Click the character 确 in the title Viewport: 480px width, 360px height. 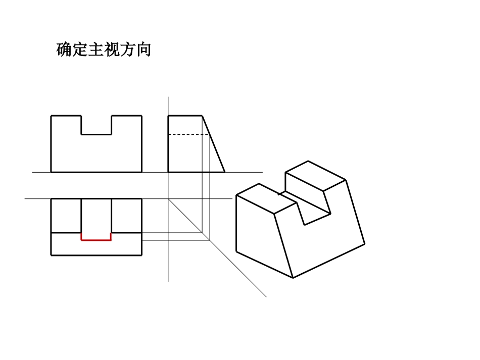pos(64,50)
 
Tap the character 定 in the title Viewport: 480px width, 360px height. pos(80,50)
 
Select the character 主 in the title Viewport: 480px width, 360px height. pos(96,50)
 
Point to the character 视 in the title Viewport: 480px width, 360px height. pos(112,50)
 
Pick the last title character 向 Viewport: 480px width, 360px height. pos(143,50)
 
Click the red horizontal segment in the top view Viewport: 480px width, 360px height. pos(96,240)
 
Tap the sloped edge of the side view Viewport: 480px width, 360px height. pos(214,144)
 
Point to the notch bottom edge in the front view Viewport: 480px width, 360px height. pos(97,134)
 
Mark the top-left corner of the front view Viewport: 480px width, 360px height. pos(51,116)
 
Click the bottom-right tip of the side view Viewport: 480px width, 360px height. pos(224,172)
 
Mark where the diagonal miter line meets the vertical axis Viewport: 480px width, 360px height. pos(168,199)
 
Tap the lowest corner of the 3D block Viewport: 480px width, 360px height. pos(293,278)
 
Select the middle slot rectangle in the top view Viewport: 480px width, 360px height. pos(96,216)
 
